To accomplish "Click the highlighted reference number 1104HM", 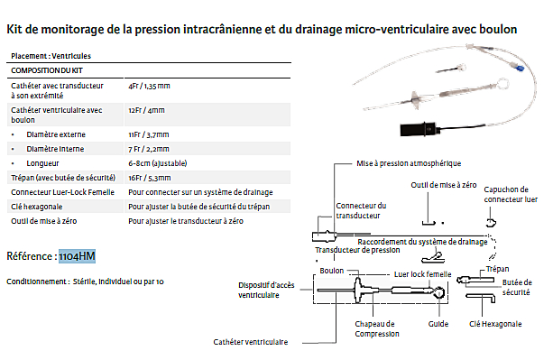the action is click(x=77, y=256).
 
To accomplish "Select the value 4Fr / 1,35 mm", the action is click(x=149, y=86).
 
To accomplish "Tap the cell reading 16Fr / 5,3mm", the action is click(x=150, y=178).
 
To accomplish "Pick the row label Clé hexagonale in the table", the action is click(x=37, y=207).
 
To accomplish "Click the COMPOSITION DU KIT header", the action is click(x=47, y=70).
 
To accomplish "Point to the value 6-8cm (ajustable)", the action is click(x=158, y=163).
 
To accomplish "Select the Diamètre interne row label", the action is click(x=55, y=149).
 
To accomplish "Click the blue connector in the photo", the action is click(x=520, y=68).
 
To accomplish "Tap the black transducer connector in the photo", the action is click(x=419, y=129).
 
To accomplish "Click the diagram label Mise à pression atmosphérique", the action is click(x=409, y=163).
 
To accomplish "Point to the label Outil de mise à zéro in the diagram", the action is click(x=444, y=185).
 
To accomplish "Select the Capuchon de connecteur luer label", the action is click(x=511, y=194).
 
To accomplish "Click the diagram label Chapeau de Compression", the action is click(x=377, y=328).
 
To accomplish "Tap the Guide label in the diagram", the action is click(x=438, y=324).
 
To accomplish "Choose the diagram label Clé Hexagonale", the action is click(x=495, y=324).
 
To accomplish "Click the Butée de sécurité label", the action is click(x=517, y=287).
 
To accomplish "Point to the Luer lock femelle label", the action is click(x=422, y=274).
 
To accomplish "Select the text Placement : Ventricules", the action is click(x=51, y=56).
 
